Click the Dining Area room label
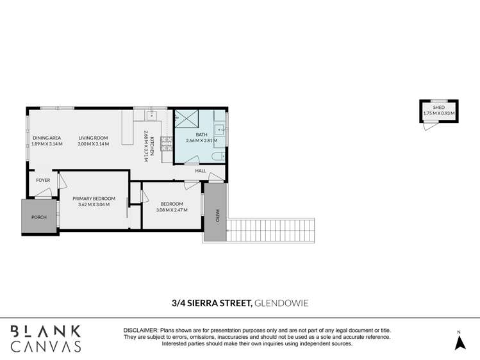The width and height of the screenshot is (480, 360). pos(47,138)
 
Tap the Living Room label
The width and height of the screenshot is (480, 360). pos(93,138)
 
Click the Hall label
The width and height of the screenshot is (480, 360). pos(201,170)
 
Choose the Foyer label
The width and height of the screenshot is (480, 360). pos(43,181)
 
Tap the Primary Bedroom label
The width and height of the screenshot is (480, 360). pos(94,199)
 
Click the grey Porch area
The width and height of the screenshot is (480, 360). pos(39,217)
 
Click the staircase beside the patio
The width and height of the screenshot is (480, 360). pos(272,231)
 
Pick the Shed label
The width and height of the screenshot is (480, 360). pos(438,108)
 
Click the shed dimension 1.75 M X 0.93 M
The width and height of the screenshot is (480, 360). pos(438,114)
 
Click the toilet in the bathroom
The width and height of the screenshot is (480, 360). pos(218,156)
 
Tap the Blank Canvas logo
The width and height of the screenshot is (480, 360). pos(45,338)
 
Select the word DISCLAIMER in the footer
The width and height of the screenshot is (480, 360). pos(140,329)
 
